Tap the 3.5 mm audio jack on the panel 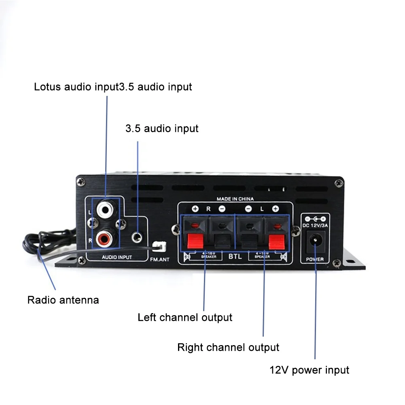click(138, 234)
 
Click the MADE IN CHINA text click(235, 199)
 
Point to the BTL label click(235, 256)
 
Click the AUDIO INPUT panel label click(117, 257)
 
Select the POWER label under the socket click(315, 259)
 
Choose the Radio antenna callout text click(63, 300)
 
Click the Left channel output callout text click(185, 318)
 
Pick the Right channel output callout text click(228, 347)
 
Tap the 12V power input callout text click(309, 370)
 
